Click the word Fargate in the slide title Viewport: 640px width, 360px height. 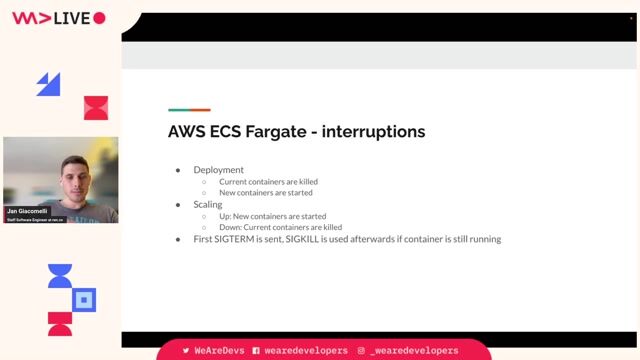click(x=269, y=131)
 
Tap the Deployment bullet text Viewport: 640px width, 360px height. click(x=218, y=170)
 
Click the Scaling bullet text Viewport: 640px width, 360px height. click(x=208, y=204)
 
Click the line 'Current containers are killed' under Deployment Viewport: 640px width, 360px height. click(x=268, y=182)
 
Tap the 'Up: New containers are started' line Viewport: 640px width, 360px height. click(x=272, y=216)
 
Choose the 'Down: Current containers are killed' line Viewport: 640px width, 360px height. click(x=280, y=227)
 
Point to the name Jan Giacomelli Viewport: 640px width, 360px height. click(x=27, y=212)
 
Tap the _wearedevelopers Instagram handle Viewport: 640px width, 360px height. click(x=414, y=351)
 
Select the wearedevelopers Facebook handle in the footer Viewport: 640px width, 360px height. click(x=306, y=351)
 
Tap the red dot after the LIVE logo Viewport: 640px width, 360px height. click(x=99, y=18)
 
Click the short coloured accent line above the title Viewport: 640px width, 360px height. click(x=189, y=110)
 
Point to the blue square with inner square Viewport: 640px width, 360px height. click(x=85, y=299)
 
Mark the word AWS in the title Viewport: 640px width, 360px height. click(x=186, y=131)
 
